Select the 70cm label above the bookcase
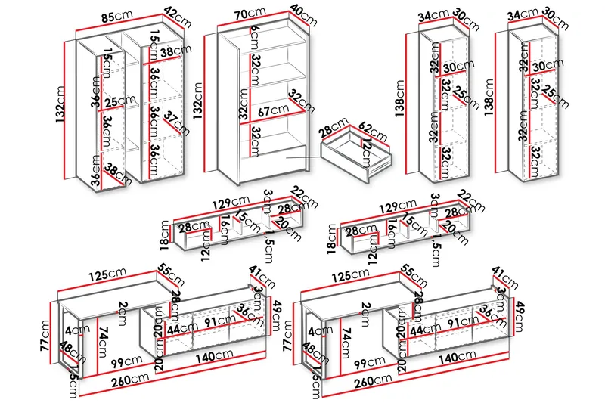(250, 14)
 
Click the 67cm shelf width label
(268, 111)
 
